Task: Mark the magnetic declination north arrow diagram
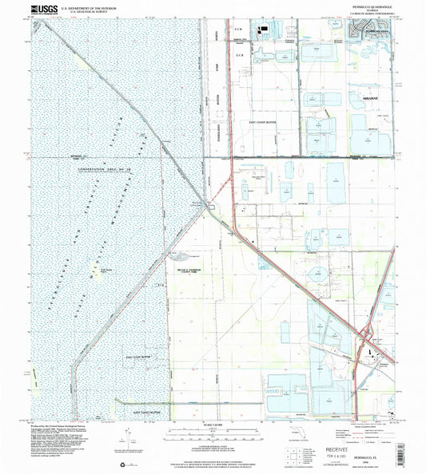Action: [126, 437]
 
